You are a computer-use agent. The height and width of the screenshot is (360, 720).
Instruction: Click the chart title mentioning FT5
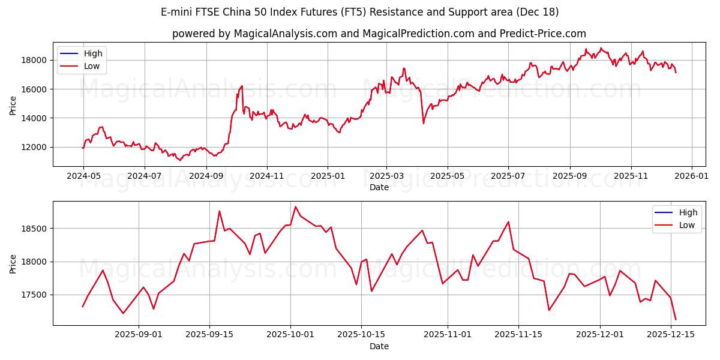[x=360, y=12]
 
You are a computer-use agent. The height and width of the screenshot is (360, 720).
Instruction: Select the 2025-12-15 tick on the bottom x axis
[x=670, y=334]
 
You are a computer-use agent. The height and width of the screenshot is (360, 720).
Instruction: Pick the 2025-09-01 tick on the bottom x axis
[x=139, y=334]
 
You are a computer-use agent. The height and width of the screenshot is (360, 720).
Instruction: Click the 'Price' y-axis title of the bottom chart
[x=13, y=263]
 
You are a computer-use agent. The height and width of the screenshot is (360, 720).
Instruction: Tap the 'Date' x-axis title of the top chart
[x=379, y=187]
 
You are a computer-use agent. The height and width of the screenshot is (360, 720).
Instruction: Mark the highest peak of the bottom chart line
[x=295, y=207]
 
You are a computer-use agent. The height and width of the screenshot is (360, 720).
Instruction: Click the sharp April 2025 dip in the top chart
[x=424, y=123]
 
